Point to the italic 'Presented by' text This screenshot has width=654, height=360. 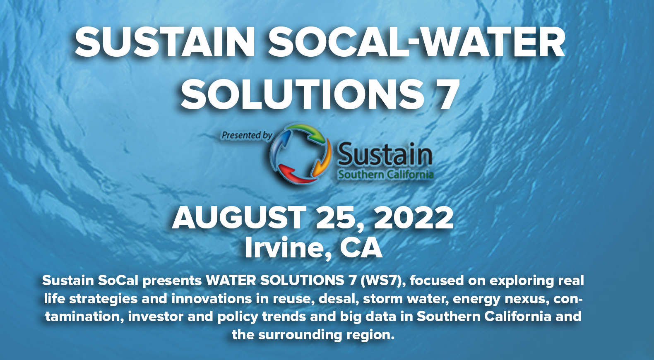click(247, 135)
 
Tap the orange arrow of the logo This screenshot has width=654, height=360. click(324, 159)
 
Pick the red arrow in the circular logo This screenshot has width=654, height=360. click(295, 174)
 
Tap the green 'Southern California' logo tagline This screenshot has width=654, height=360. click(386, 175)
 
